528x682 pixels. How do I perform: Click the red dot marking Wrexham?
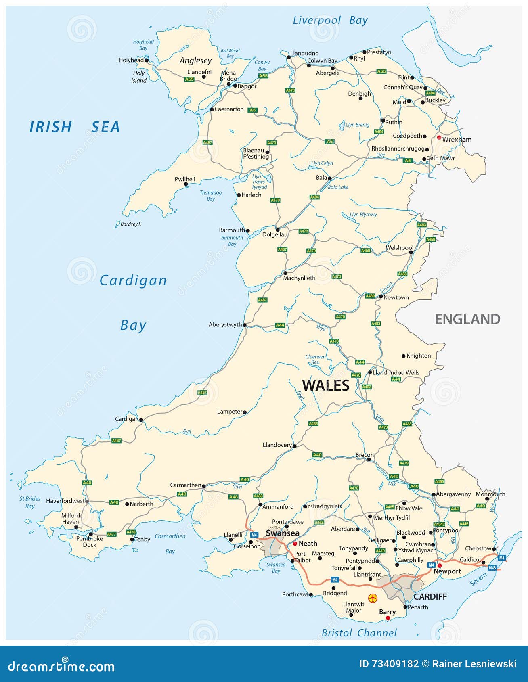tap(439, 138)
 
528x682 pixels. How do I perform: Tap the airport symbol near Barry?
tap(373, 598)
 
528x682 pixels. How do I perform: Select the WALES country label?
tap(326, 385)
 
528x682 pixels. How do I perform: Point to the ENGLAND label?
tap(467, 319)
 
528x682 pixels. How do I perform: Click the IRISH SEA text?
tap(75, 127)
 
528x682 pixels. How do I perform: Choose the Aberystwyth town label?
tap(225, 324)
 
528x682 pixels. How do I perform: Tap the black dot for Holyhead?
tap(147, 61)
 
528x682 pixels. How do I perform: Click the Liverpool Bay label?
tap(330, 21)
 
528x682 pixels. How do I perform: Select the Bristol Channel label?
tap(359, 633)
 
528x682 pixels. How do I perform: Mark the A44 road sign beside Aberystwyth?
tap(280, 325)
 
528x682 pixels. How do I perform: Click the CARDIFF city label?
tap(430, 596)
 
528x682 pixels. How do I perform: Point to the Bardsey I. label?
tap(130, 224)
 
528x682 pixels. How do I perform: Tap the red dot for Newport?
tap(440, 565)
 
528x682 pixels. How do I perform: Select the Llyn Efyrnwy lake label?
tap(363, 215)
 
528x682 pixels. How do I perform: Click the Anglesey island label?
tap(195, 61)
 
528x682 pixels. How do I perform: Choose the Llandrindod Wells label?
tap(396, 372)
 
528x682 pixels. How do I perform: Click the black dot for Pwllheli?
tap(186, 184)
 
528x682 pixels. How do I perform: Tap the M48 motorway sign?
tap(492, 568)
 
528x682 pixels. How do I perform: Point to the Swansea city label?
tap(283, 533)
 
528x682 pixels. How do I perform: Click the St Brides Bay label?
tap(30, 502)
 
